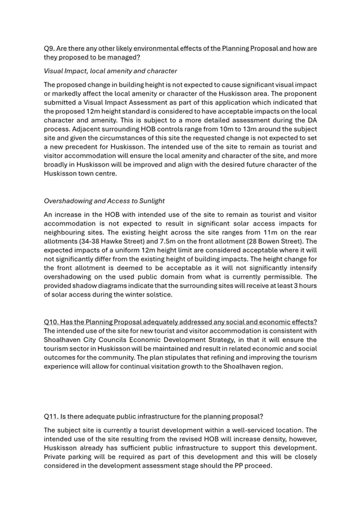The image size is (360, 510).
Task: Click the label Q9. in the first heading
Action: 50,48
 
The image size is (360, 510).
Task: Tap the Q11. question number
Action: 52,416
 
